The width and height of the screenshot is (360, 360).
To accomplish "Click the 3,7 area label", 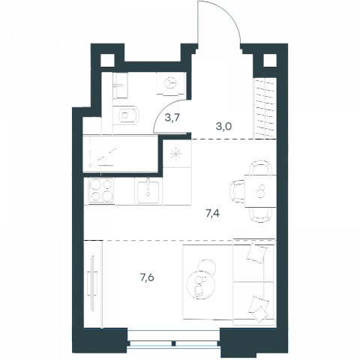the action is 172,117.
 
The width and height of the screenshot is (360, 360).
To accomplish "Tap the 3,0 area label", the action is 223,127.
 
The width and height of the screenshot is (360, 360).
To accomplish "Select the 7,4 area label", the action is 212,214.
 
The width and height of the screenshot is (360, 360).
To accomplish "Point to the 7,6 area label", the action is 147,277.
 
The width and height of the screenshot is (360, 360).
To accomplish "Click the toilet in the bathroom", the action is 125,115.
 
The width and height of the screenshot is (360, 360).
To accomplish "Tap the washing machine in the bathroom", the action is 171,83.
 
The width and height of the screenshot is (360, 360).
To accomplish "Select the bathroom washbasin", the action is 120,85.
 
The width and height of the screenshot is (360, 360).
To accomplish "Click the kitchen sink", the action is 148,192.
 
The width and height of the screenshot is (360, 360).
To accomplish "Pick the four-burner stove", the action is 101,190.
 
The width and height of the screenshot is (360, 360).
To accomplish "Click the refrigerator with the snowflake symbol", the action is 177,154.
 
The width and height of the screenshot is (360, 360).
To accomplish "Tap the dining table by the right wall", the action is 260,191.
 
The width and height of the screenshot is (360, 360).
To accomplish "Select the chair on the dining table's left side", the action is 238,191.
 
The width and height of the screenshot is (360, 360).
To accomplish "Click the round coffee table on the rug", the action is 201,285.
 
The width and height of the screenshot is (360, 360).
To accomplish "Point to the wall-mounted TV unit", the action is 93,283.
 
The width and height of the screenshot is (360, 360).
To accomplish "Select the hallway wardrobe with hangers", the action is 265,108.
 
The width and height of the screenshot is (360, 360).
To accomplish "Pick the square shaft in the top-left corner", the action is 107,60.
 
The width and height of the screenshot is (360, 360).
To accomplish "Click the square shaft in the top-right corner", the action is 270,60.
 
